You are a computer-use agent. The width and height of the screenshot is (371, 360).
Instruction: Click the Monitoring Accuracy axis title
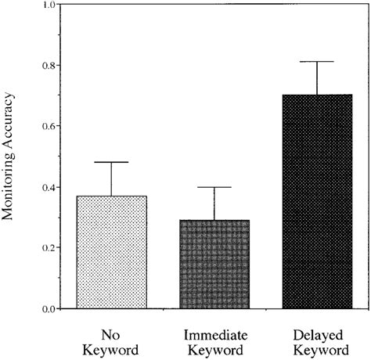15,157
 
